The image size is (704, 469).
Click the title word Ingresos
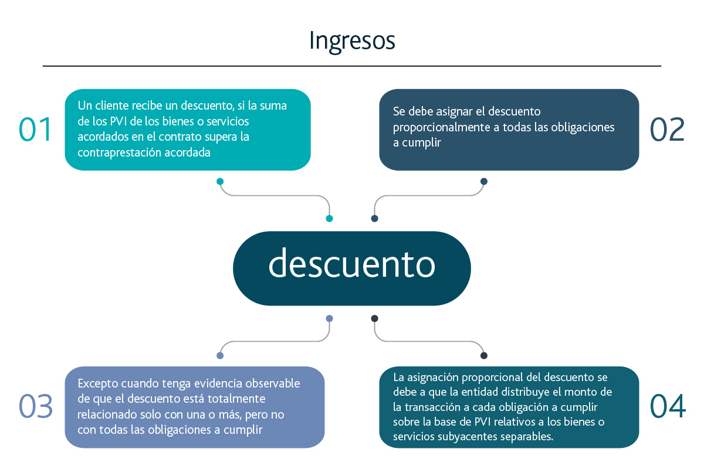pos(352,42)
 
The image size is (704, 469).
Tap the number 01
pos(35,130)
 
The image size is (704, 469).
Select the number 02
pos(667,130)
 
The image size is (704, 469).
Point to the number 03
pos(36,406)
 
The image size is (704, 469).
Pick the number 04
pos(668,406)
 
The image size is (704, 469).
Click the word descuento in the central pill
pos(352,263)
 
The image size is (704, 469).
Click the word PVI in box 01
pos(118,121)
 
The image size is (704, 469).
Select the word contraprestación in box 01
pos(119,152)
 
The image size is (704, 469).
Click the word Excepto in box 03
pos(98,384)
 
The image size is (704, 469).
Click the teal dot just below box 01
pos(220,181)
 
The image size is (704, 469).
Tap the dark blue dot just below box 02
pos(484,181)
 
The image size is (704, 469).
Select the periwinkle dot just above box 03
pos(220,356)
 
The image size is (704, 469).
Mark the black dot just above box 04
pos(484,356)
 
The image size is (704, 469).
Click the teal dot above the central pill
pos(329,219)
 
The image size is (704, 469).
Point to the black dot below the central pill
pos(375,318)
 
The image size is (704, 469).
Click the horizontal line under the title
pos(352,66)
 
